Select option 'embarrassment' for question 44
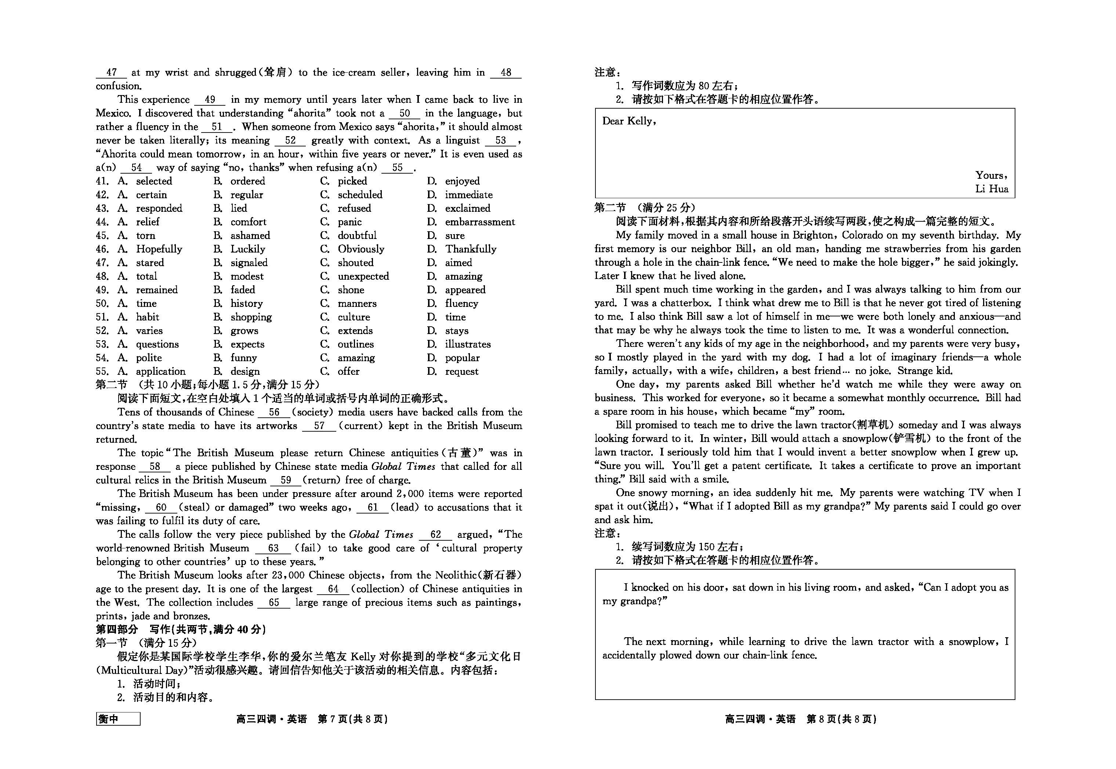[479, 222]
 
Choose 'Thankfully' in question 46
[470, 249]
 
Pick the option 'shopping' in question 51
[251, 317]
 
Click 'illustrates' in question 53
[467, 344]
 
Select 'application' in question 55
[160, 371]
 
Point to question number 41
[102, 181]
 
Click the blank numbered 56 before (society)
[274, 413]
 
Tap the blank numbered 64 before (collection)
[333, 589]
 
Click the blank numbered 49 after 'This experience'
[210, 100]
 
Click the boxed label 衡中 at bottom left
[118, 719]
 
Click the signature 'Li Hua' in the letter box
[992, 189]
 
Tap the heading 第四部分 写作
[181, 629]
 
